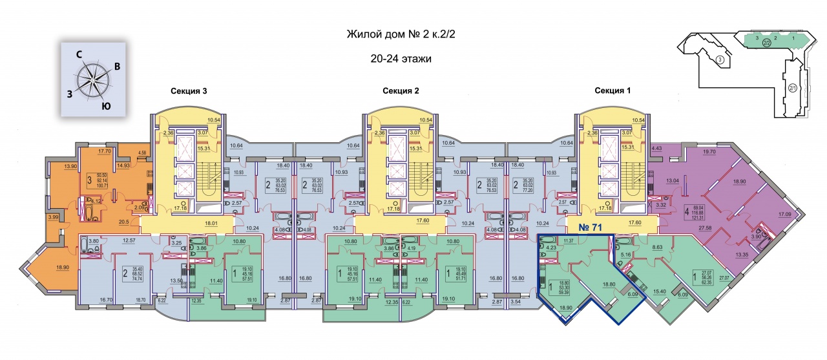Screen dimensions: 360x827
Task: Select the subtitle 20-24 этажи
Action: click(401, 58)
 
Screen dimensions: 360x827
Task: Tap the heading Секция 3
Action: click(189, 91)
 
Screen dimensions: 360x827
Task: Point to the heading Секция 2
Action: click(401, 91)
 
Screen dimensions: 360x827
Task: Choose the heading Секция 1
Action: click(612, 91)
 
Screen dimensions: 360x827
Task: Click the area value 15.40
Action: click(659, 292)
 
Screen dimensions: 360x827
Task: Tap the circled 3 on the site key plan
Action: click(720, 61)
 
